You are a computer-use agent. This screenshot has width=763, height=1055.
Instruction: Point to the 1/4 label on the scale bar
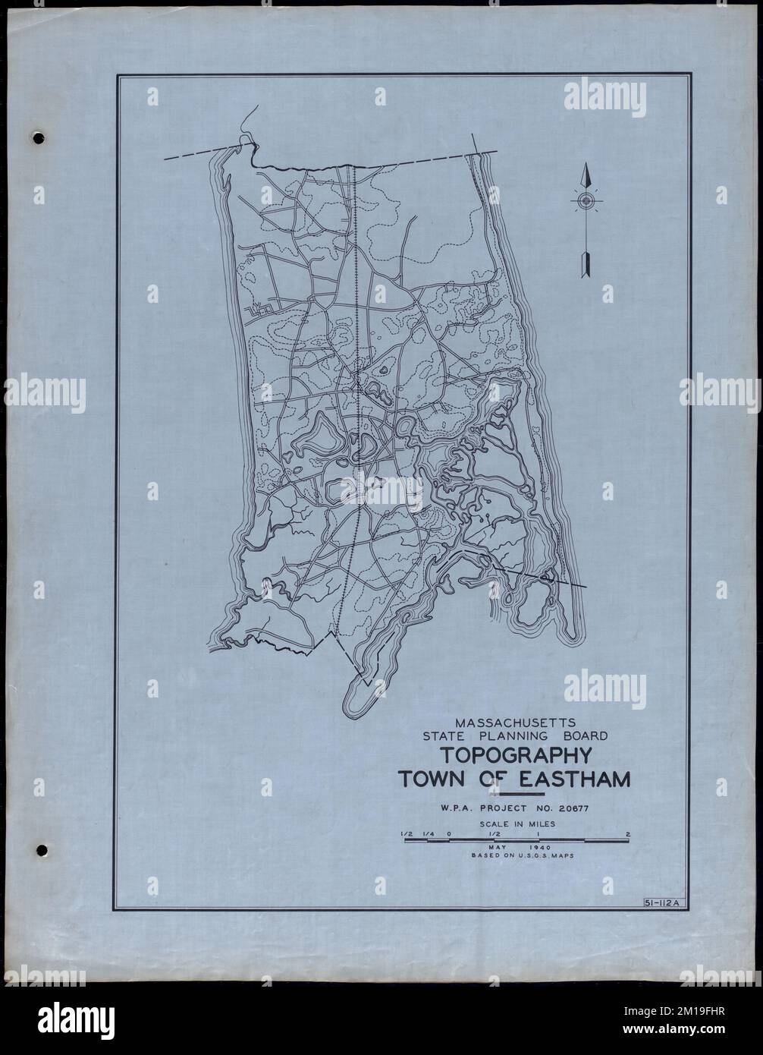[x=429, y=833]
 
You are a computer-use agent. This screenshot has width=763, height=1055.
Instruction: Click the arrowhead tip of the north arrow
[x=585, y=166]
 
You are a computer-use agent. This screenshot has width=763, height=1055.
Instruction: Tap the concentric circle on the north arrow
[x=585, y=200]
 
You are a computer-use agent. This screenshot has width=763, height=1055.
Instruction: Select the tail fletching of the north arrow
[x=585, y=266]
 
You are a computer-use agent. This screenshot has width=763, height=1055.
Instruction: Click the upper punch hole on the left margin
[x=39, y=139]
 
